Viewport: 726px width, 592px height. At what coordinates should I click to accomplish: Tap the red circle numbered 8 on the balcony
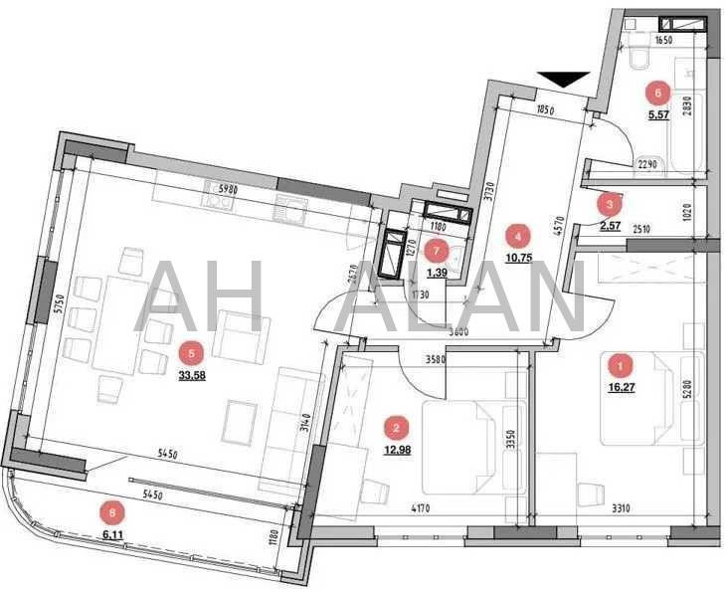pos(116,512)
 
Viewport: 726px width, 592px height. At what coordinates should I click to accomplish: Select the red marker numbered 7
pos(436,250)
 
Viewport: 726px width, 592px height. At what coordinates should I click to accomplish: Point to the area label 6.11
pos(116,533)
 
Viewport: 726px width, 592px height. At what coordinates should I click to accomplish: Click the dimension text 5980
pos(229,187)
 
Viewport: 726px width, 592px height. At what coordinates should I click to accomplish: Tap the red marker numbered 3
pos(609,204)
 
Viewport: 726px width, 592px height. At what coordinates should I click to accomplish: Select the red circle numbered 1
pos(621,365)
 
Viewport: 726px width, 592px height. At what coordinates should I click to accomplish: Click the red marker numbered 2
pos(397,429)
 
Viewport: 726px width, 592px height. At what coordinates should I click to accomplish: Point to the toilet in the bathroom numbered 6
pos(637,56)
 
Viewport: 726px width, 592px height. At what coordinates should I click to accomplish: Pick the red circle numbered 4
pos(517,236)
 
